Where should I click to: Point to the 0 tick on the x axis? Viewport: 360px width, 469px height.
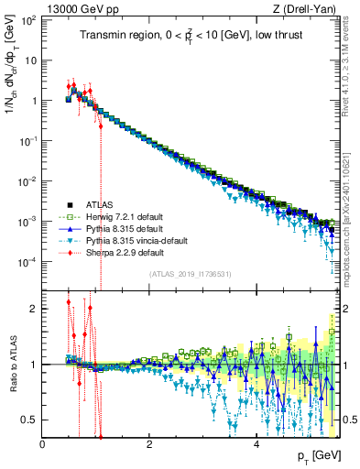tap(43, 445)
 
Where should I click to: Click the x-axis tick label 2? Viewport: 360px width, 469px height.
tap(149, 445)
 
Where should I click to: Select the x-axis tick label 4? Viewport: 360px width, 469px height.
tap(256, 445)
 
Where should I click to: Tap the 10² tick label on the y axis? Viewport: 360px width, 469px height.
tap(29, 19)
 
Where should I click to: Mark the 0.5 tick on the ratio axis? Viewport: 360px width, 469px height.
tap(29, 420)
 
